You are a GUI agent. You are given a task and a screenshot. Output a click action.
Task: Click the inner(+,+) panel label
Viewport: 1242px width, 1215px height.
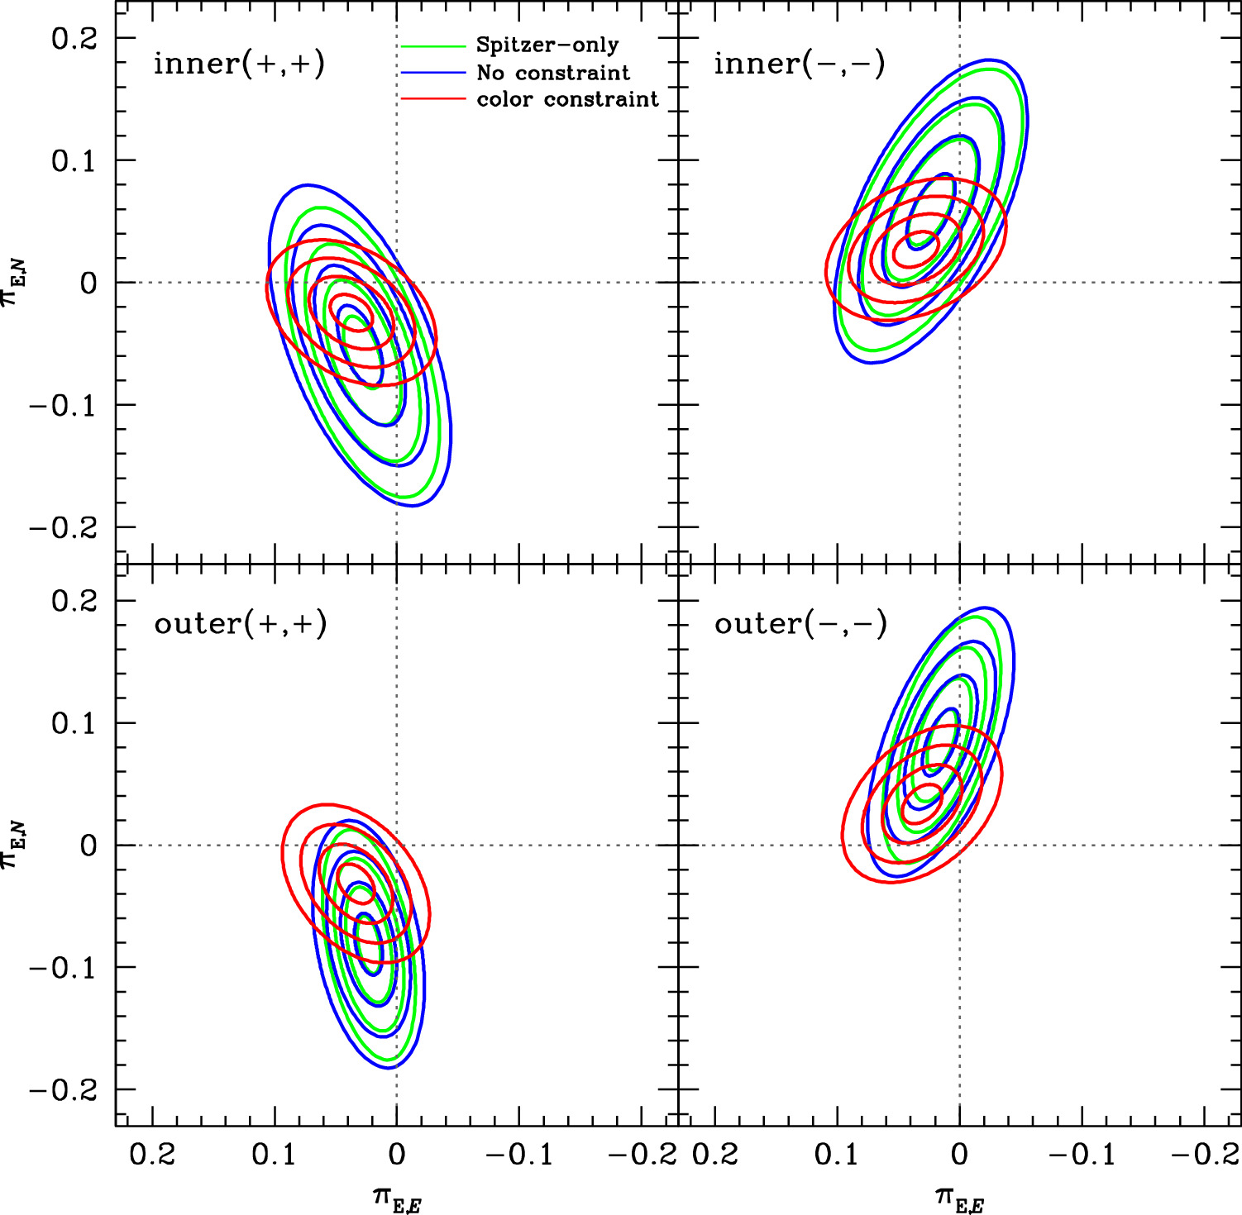[x=239, y=64]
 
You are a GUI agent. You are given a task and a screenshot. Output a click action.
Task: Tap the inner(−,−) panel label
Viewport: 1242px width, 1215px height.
[x=800, y=64]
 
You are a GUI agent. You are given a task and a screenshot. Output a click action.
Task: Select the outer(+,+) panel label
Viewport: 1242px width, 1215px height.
[x=241, y=623]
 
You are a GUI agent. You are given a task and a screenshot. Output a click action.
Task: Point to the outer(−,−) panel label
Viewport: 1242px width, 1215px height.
[x=800, y=623]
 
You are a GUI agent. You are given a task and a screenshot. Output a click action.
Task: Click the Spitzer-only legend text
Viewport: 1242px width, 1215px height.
[x=547, y=45]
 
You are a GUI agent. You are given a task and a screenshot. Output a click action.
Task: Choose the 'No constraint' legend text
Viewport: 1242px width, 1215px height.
[x=553, y=73]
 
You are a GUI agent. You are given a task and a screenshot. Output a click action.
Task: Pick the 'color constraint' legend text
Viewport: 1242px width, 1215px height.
[x=567, y=99]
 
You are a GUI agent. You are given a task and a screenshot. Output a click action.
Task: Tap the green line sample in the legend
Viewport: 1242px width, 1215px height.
[x=433, y=45]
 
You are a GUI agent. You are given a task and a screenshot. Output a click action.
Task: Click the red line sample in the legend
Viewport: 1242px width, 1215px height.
[x=433, y=99]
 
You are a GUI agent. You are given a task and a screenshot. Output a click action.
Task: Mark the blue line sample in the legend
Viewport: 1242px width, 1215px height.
[x=433, y=73]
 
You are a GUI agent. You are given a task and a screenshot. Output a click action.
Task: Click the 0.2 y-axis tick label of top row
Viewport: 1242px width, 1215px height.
[x=74, y=39]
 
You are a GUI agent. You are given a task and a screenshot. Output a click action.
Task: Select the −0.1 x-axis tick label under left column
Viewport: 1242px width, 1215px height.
[x=519, y=1154]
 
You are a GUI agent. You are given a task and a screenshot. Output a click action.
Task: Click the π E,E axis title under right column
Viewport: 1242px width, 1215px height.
[x=959, y=1198]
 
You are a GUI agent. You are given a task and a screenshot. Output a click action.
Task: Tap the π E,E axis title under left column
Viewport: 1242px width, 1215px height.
[x=397, y=1198]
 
